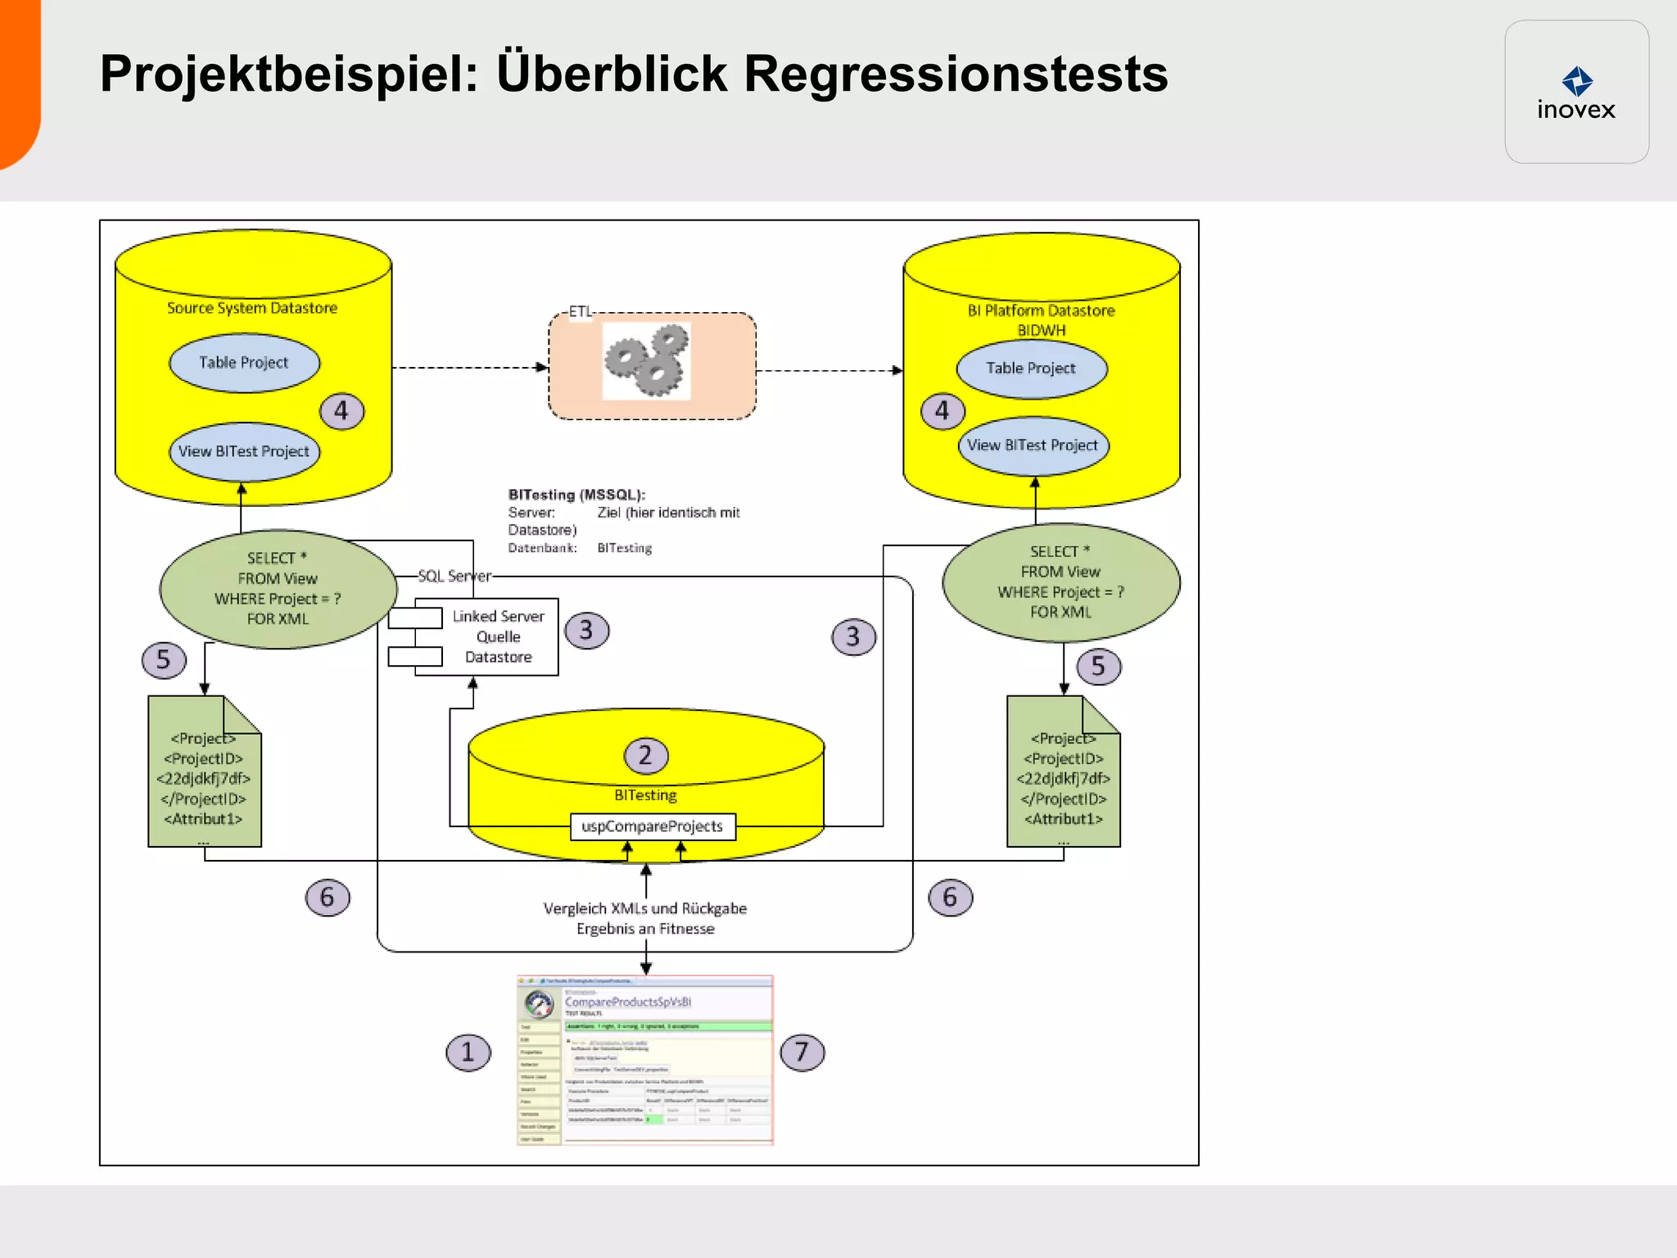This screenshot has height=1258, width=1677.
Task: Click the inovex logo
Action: pyautogui.click(x=1576, y=93)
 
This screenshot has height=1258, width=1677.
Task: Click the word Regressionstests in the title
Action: pyautogui.click(x=955, y=75)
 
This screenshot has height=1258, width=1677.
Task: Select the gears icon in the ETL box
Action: pyautogui.click(x=646, y=360)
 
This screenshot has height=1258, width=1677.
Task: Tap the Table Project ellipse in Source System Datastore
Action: pyautogui.click(x=244, y=363)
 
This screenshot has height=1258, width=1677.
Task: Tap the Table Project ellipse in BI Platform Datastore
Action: pyautogui.click(x=1031, y=369)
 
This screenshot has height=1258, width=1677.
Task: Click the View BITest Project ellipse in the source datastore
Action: pyautogui.click(x=244, y=451)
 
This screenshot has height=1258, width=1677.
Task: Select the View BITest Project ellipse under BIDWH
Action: pyautogui.click(x=1033, y=446)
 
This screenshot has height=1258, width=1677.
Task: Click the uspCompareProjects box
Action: pyautogui.click(x=653, y=826)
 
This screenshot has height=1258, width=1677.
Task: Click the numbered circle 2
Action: pyautogui.click(x=645, y=755)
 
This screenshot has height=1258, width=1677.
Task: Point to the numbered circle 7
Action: pyautogui.click(x=802, y=1052)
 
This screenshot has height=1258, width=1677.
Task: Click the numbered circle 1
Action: pyautogui.click(x=468, y=1052)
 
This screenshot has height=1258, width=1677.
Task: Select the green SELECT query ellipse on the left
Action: pyautogui.click(x=278, y=589)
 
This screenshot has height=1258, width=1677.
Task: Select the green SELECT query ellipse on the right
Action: pyautogui.click(x=1060, y=582)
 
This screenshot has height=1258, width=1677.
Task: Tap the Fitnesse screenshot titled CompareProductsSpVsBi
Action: pyautogui.click(x=645, y=1060)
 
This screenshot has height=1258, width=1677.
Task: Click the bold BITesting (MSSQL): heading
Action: pyautogui.click(x=576, y=495)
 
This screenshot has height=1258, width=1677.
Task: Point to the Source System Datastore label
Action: pyautogui.click(x=252, y=308)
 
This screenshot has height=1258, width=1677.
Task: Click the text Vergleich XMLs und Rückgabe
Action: pyautogui.click(x=645, y=908)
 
